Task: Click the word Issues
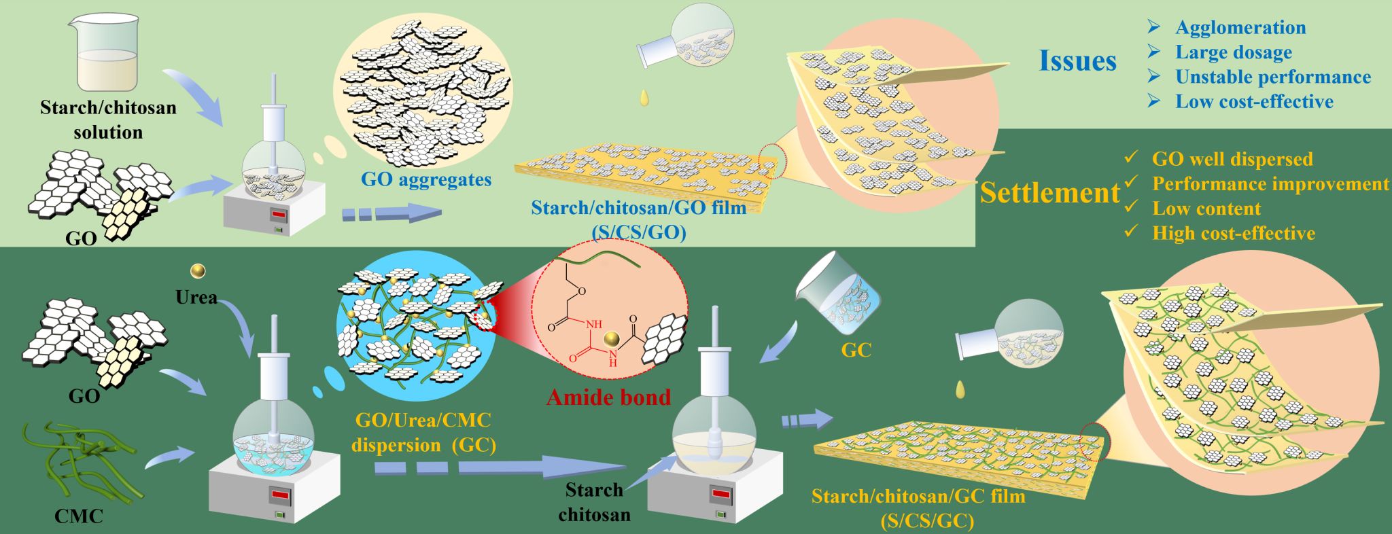[1077, 61]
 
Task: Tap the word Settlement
[1049, 194]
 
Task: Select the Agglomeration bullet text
[1240, 28]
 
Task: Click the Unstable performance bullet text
[1272, 77]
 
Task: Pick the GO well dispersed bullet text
[1232, 160]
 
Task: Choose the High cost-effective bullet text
[1233, 234]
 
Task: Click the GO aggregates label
[425, 180]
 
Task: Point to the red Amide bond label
[608, 397]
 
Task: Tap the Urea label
[196, 298]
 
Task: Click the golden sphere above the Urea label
[198, 271]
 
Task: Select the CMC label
[79, 516]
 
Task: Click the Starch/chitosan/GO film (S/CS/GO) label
[638, 219]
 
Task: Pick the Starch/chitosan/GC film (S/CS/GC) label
[918, 508]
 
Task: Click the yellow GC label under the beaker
[856, 351]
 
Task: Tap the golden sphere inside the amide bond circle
[612, 338]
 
